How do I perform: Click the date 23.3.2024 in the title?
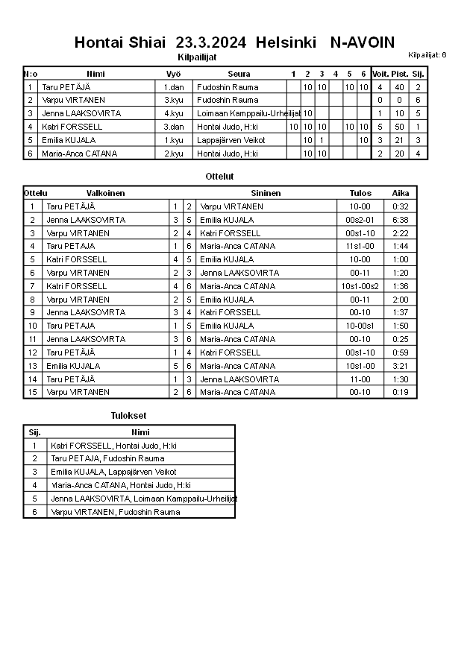click(211, 42)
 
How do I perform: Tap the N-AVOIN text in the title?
click(363, 42)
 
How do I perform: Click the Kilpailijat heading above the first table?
click(197, 57)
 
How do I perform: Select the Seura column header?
click(239, 74)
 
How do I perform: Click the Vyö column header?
click(173, 74)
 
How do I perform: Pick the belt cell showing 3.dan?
click(174, 127)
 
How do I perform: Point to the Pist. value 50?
click(399, 127)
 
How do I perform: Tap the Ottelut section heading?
click(219, 177)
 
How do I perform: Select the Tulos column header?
click(360, 192)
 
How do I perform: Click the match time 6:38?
click(401, 220)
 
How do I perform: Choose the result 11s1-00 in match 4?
click(360, 246)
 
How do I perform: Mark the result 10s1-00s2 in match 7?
click(360, 286)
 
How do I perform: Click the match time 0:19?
click(401, 392)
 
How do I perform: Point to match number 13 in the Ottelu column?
click(32, 366)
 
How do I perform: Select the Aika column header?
click(401, 192)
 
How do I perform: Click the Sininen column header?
click(266, 192)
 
